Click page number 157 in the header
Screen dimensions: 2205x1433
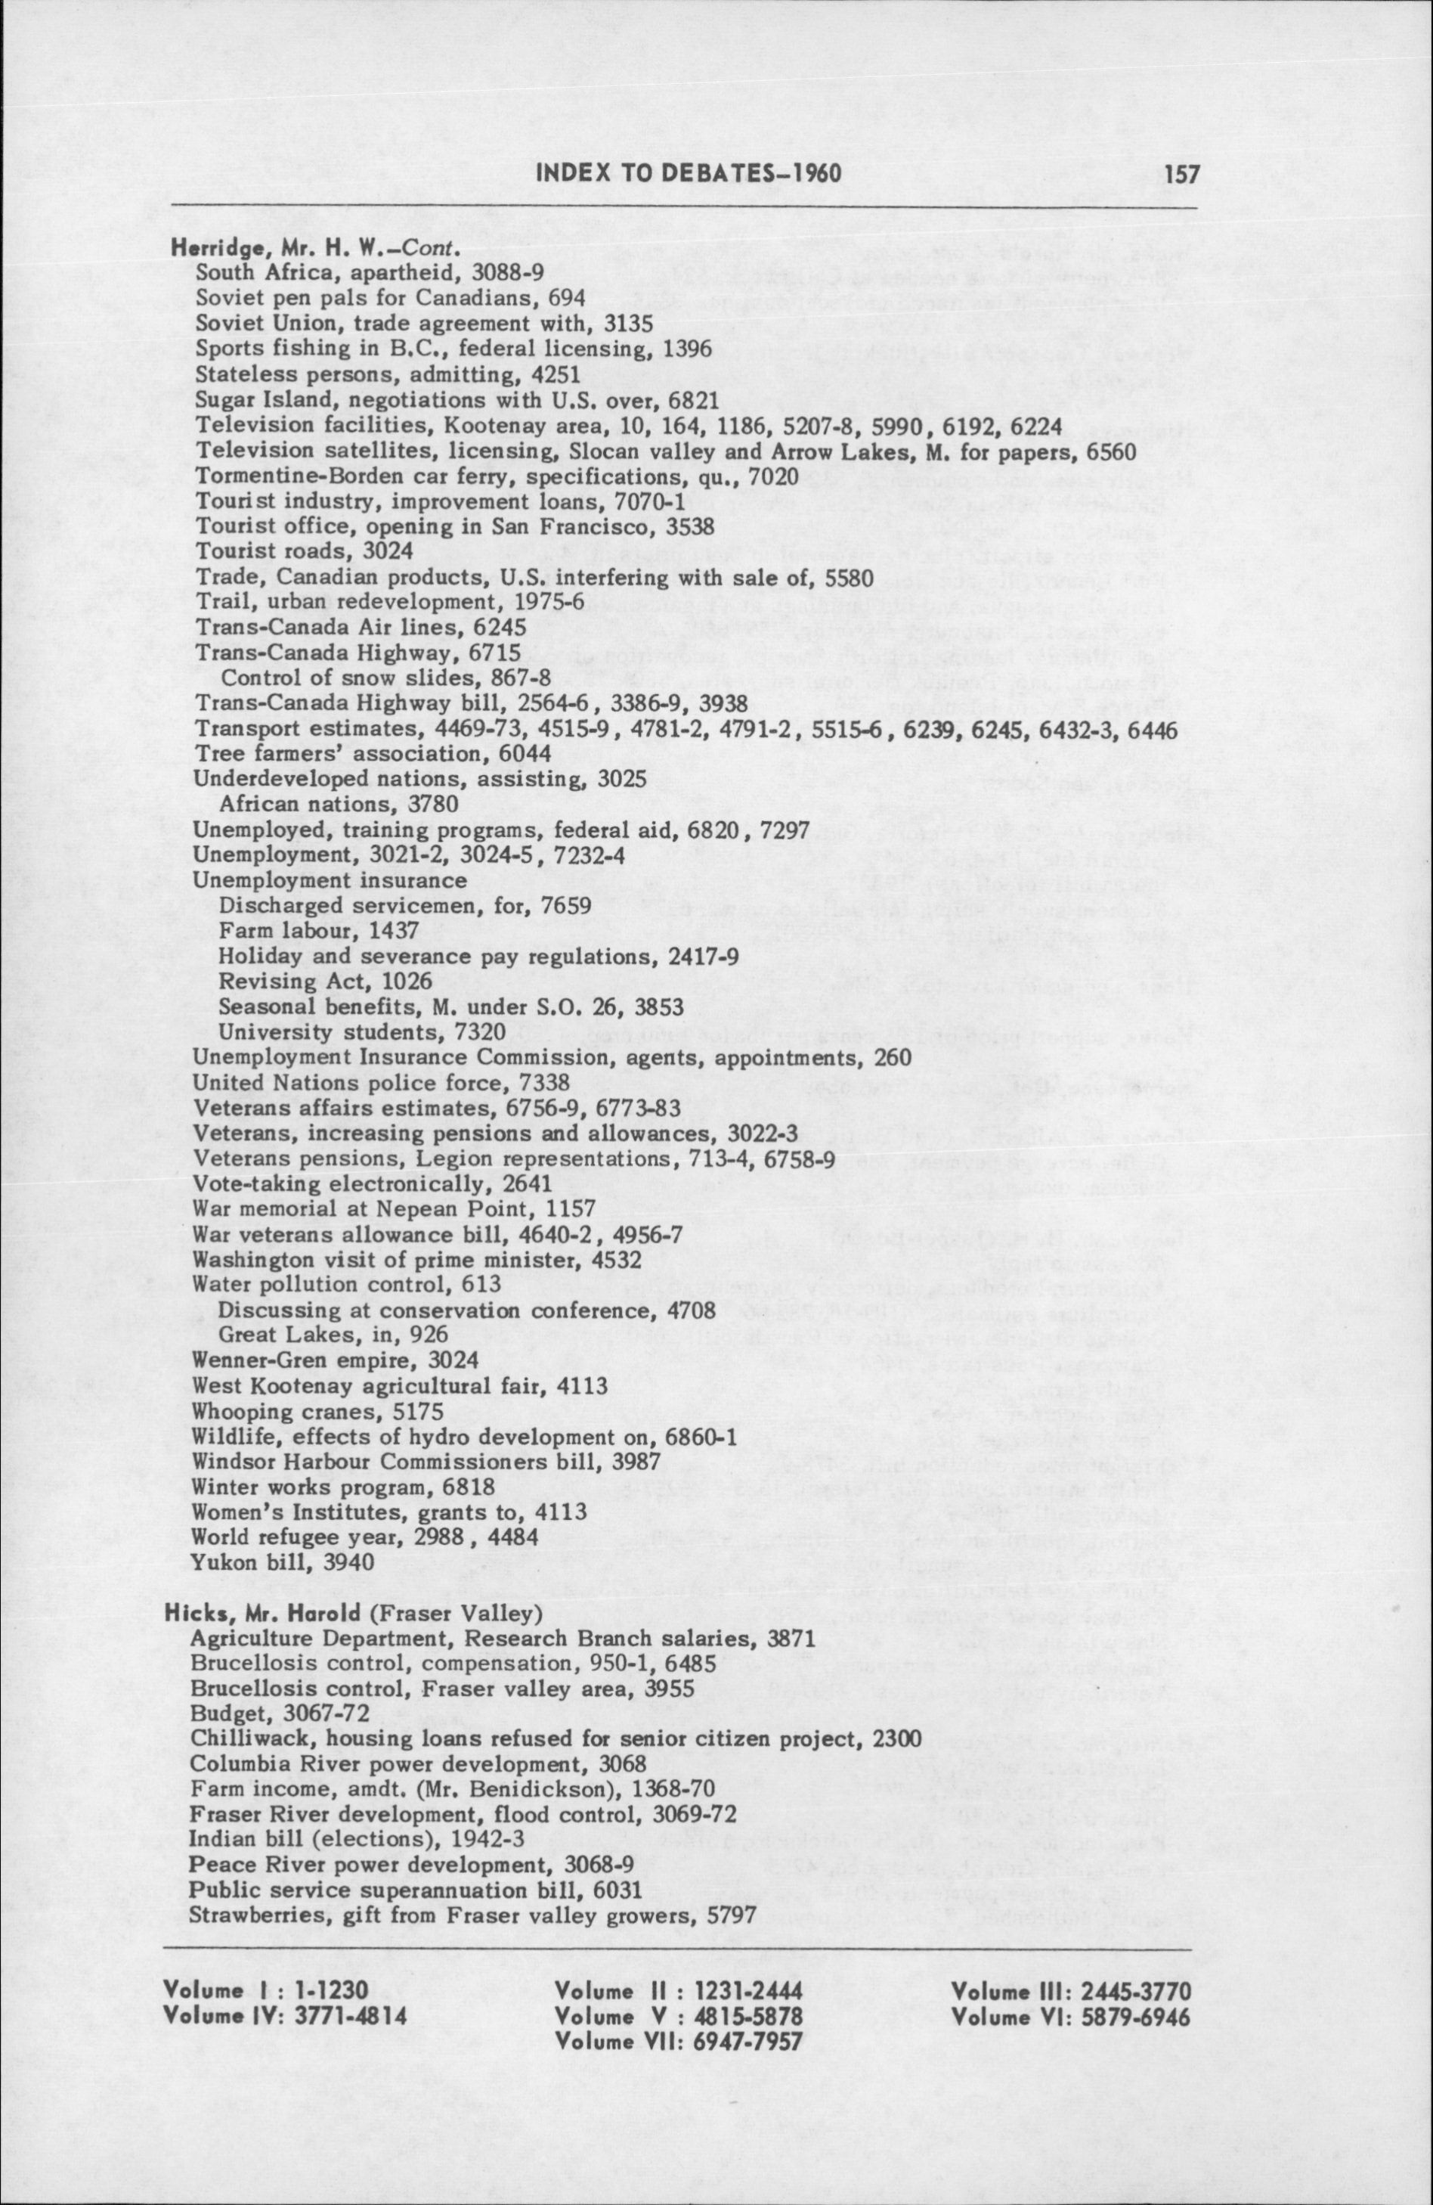[1181, 173]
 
